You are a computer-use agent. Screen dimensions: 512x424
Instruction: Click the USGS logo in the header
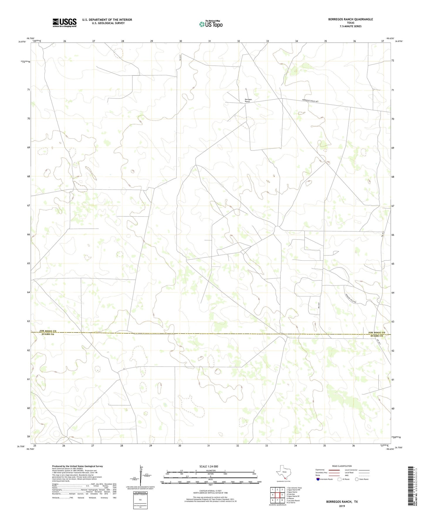[65, 23]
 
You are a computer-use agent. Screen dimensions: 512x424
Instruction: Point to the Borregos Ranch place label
[248, 100]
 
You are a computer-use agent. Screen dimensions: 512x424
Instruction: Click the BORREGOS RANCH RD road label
[310, 101]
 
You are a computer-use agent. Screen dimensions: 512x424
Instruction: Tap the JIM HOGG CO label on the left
[48, 331]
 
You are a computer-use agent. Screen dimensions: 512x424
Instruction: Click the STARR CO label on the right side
[377, 336]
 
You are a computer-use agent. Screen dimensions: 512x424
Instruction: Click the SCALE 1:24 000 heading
[210, 467]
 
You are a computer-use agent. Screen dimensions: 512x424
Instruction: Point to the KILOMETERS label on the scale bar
[210, 471]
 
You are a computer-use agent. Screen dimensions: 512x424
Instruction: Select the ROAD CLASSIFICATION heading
[342, 466]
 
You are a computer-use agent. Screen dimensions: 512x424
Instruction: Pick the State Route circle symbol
[357, 479]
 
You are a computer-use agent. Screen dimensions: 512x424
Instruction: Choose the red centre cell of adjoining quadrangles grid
[277, 495]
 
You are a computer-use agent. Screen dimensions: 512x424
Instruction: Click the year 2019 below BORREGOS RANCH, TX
[342, 506]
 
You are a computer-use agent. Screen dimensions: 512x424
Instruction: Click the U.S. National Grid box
[140, 499]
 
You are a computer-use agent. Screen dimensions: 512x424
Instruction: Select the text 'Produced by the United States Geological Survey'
[77, 466]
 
